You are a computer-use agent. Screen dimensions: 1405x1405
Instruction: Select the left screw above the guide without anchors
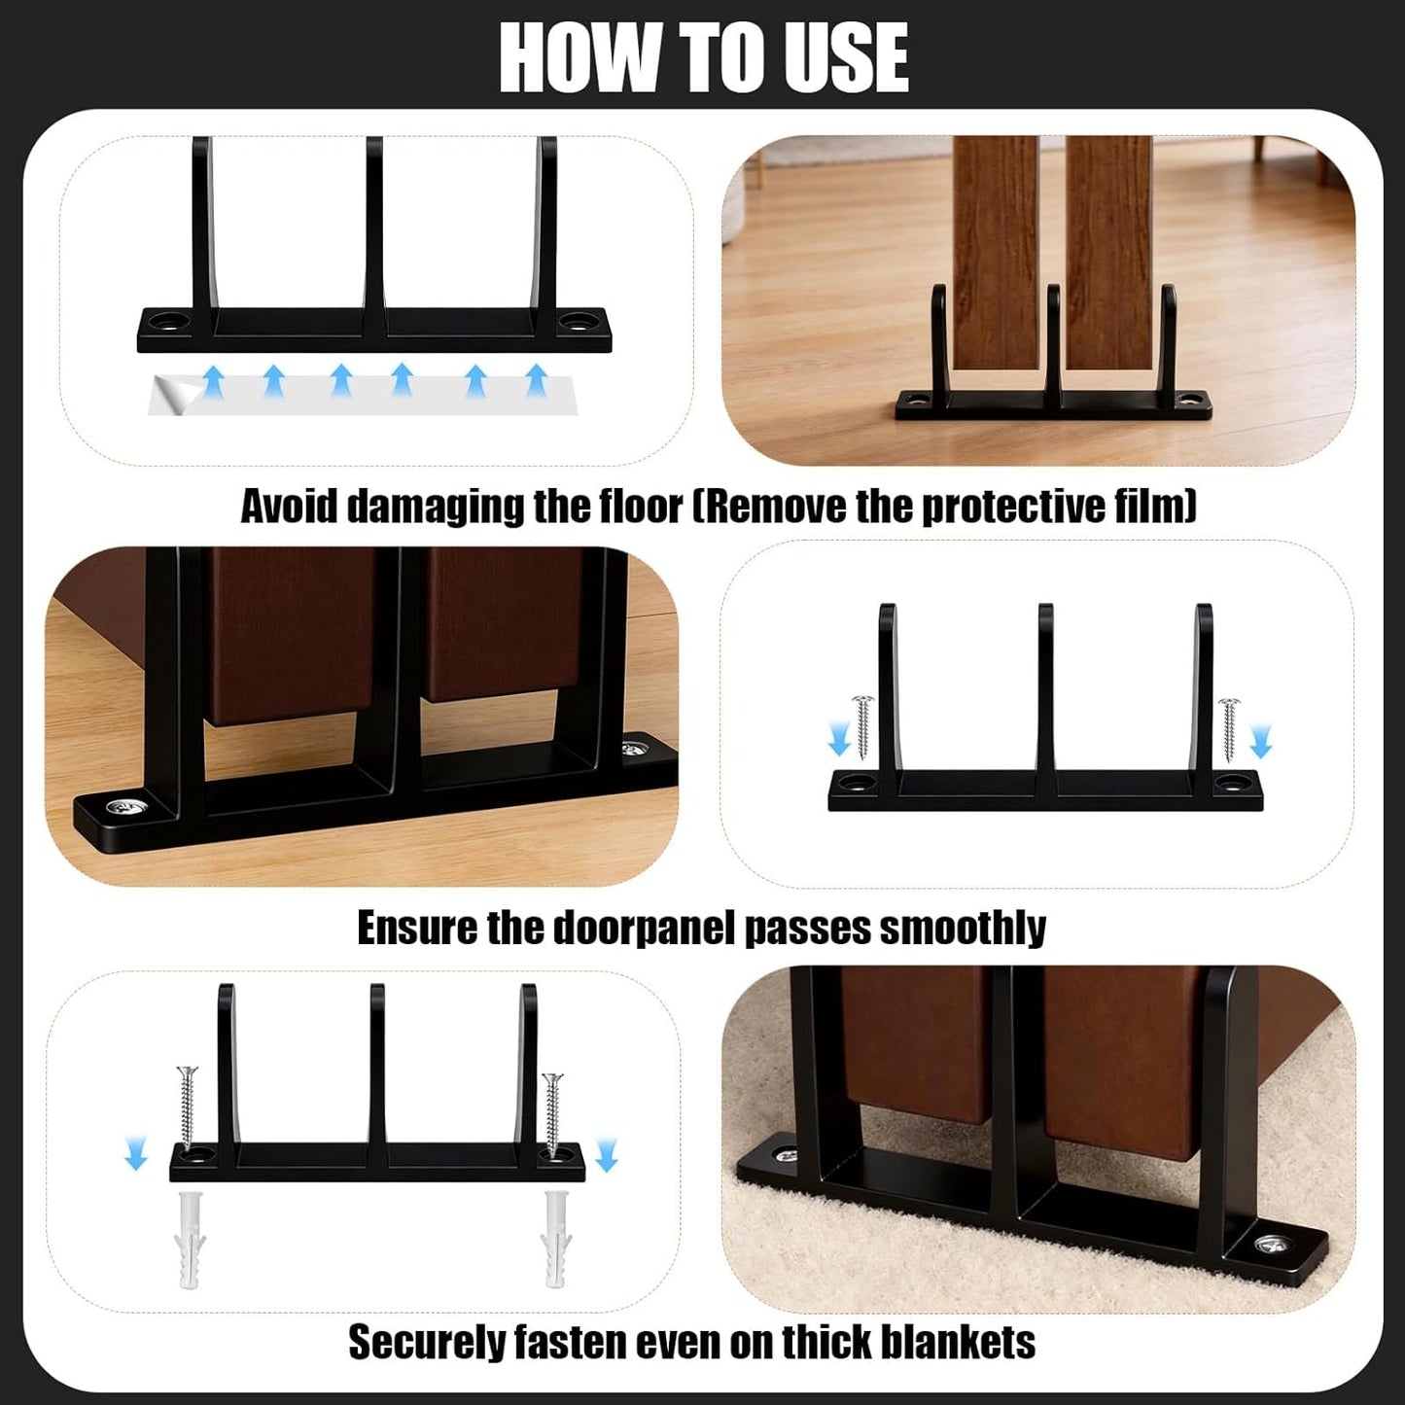click(x=864, y=727)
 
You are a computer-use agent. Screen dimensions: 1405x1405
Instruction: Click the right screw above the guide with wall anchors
click(x=552, y=1116)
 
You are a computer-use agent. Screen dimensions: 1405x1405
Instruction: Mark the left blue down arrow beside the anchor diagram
click(x=135, y=1153)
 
